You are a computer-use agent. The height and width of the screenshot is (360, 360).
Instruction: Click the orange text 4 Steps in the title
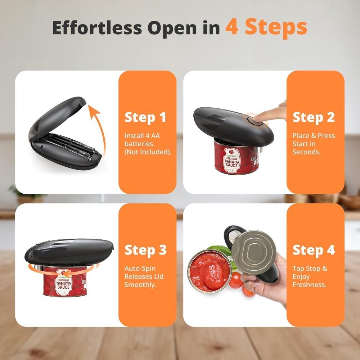(266, 27)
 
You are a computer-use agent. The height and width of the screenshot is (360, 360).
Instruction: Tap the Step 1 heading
(145, 117)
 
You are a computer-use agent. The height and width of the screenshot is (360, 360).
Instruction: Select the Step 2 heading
(314, 117)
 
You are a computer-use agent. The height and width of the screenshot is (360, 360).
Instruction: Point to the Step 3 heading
(145, 250)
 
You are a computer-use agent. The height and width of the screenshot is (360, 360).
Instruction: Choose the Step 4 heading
(314, 250)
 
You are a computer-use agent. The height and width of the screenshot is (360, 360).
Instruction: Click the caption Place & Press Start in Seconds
(313, 144)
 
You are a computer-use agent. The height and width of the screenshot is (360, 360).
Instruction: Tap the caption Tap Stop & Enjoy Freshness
(310, 276)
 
